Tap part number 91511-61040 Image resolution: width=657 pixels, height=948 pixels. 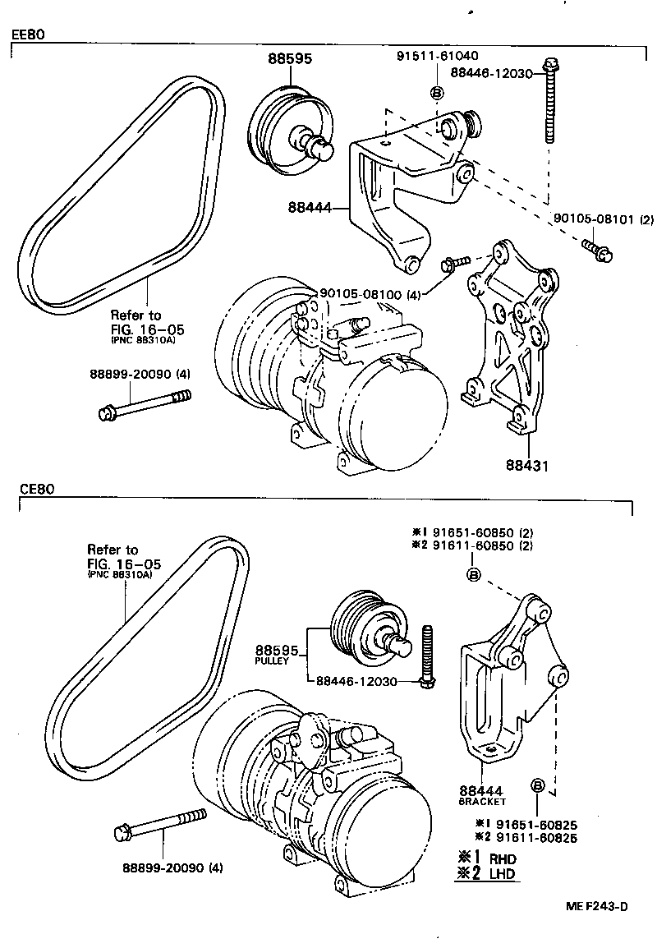pyautogui.click(x=438, y=57)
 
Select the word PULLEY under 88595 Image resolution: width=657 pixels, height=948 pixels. pyautogui.click(x=271, y=660)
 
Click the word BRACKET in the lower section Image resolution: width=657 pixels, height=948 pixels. pyautogui.click(x=483, y=801)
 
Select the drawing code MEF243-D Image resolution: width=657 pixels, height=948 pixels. pyautogui.click(x=596, y=906)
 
